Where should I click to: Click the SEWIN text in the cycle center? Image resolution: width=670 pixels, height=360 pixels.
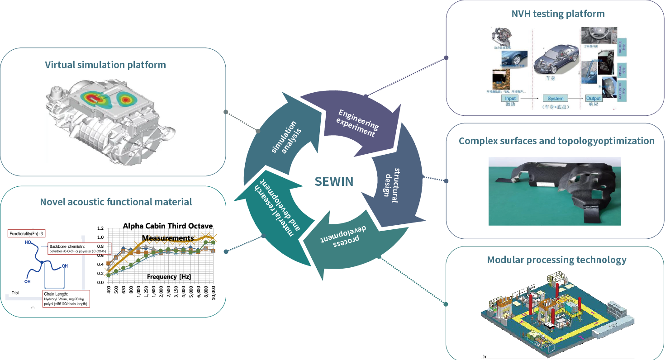pos(334,182)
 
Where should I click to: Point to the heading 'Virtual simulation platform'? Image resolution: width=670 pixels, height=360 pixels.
pos(105,65)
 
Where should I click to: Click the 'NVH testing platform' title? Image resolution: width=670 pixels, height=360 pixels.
pos(558,14)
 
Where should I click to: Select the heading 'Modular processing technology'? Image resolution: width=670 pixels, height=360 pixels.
pos(556,260)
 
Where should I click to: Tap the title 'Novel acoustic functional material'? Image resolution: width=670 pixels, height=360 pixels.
pos(116,202)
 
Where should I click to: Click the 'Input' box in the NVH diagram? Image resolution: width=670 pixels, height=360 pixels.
pos(510,99)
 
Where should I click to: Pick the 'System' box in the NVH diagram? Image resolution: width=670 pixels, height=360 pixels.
pos(555,99)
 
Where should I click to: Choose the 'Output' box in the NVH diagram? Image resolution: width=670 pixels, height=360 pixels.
pos(593,99)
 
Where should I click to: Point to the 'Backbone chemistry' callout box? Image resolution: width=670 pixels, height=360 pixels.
pos(78,249)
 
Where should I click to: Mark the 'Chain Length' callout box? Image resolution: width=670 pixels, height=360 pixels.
pos(67,299)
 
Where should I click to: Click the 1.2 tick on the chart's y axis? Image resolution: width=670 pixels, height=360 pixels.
pos(100,228)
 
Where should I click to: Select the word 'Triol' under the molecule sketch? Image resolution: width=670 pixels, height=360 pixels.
pos(16,292)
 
